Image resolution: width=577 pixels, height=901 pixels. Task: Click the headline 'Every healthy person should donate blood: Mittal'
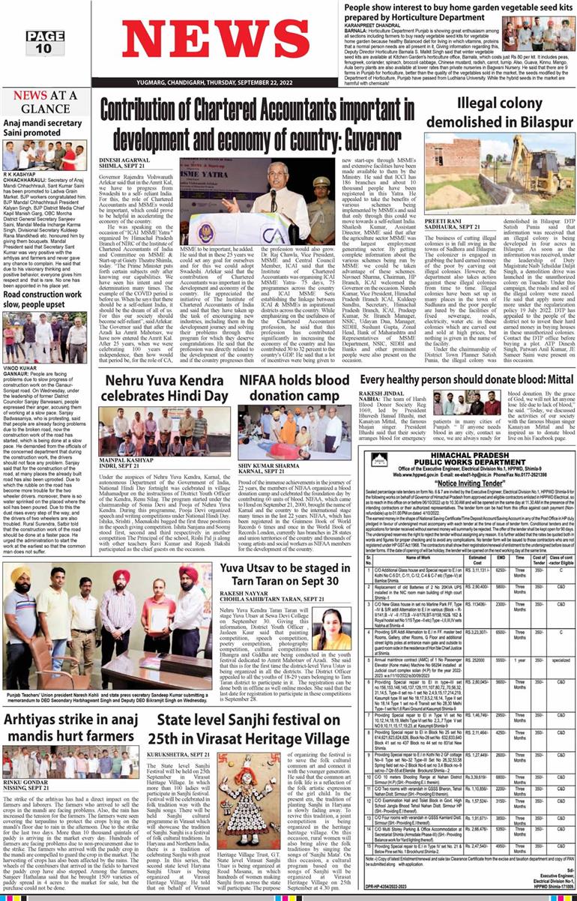coord(467,381)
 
